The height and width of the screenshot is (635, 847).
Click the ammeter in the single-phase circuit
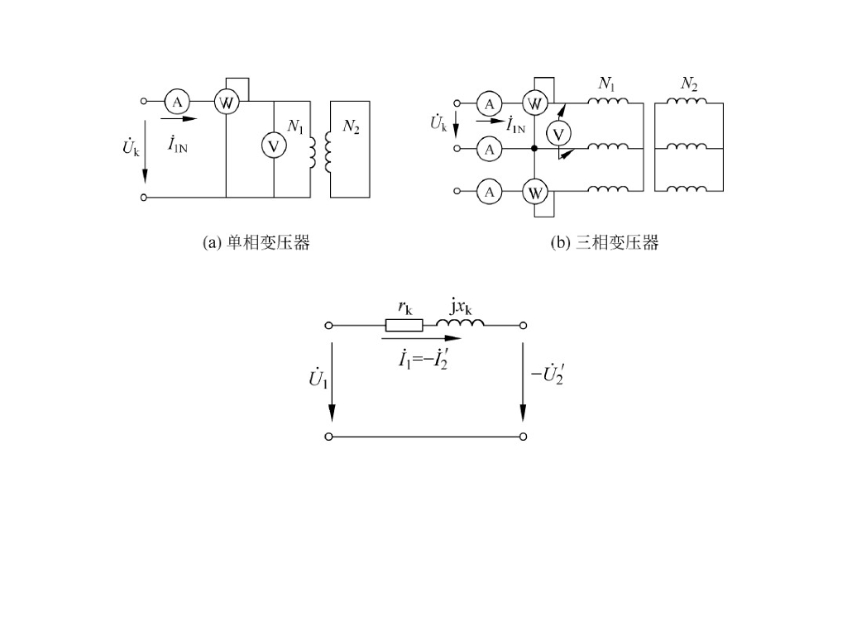[177, 102]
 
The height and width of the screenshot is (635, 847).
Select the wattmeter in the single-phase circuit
[226, 102]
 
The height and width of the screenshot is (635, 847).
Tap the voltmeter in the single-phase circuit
[274, 146]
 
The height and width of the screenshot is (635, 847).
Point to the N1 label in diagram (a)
[295, 127]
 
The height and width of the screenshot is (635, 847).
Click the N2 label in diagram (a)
[351, 127]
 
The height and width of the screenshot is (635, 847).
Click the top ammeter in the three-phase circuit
[490, 103]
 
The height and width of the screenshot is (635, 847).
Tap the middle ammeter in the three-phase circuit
[490, 149]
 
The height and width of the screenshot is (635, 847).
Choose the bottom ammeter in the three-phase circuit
[490, 192]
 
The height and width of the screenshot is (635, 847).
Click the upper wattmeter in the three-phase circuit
[535, 103]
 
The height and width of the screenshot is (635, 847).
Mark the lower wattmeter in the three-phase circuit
[535, 193]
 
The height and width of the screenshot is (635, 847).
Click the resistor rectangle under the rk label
[404, 325]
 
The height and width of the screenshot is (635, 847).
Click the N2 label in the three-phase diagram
[689, 84]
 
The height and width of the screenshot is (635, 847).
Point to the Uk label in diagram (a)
[131, 149]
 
